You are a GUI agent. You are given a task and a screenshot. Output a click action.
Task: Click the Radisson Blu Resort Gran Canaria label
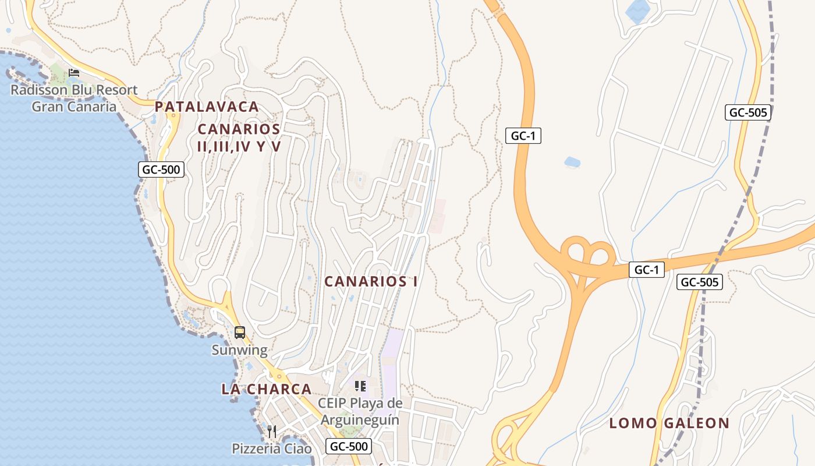tap(74, 98)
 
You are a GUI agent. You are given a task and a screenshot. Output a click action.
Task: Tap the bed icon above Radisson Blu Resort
tap(74, 73)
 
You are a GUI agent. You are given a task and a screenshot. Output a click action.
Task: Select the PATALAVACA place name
tap(207, 107)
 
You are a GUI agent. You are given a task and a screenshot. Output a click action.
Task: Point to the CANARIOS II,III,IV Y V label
tap(239, 137)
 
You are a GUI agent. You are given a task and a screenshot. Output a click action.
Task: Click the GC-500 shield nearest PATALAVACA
tap(161, 170)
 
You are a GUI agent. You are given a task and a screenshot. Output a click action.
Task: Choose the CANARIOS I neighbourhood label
tap(371, 281)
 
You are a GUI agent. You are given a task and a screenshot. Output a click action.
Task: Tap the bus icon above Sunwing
tap(239, 333)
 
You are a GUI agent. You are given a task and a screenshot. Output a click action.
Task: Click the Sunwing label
tap(239, 350)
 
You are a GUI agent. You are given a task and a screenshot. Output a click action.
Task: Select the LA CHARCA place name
tap(266, 389)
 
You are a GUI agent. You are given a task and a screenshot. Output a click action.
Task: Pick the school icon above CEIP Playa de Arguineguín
tap(360, 386)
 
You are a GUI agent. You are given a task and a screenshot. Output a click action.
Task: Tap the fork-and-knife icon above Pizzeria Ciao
tap(272, 432)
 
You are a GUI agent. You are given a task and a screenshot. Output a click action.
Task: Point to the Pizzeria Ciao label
tap(272, 449)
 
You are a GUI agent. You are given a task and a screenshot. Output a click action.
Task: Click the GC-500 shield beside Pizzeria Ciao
tap(348, 447)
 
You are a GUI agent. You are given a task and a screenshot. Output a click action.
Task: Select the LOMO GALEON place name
tap(669, 423)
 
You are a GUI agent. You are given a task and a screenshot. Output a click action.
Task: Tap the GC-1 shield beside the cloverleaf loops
tap(646, 270)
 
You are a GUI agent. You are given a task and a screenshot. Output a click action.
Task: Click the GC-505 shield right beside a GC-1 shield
tap(700, 282)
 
